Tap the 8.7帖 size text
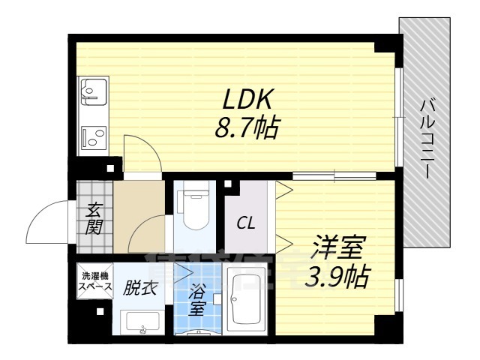coord(245,128)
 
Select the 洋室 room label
coord(338,247)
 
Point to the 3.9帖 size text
coord(337,278)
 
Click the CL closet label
coord(245,223)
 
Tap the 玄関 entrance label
coord(94,217)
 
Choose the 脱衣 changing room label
coord(140,286)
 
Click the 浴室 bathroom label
coord(197,298)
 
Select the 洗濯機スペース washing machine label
coord(95,281)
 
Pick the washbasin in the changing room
coord(142,322)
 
